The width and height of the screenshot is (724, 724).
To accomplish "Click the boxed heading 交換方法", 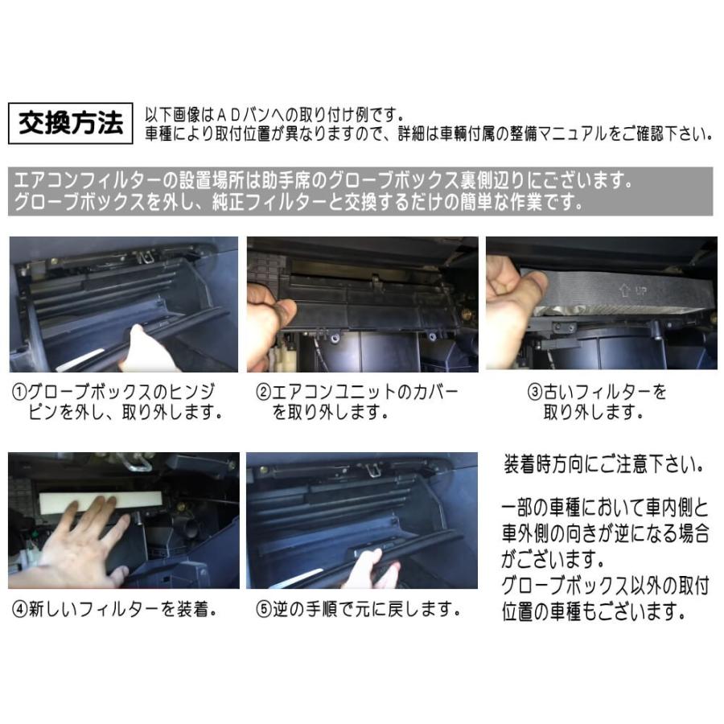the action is click(71, 123).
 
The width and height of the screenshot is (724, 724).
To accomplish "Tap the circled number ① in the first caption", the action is click(19, 393).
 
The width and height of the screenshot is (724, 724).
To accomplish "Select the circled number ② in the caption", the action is click(263, 393).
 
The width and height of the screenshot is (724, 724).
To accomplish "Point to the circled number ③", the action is click(535, 393).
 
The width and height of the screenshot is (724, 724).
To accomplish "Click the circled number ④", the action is click(20, 610).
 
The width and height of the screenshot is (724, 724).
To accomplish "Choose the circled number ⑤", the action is click(263, 610).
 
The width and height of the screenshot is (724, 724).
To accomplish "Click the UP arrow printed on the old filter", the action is click(625, 290).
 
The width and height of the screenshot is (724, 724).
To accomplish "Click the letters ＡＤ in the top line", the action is click(228, 114).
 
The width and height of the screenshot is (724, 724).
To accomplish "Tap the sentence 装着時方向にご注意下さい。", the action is click(604, 464).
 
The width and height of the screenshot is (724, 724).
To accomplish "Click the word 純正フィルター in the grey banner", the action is click(269, 202).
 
